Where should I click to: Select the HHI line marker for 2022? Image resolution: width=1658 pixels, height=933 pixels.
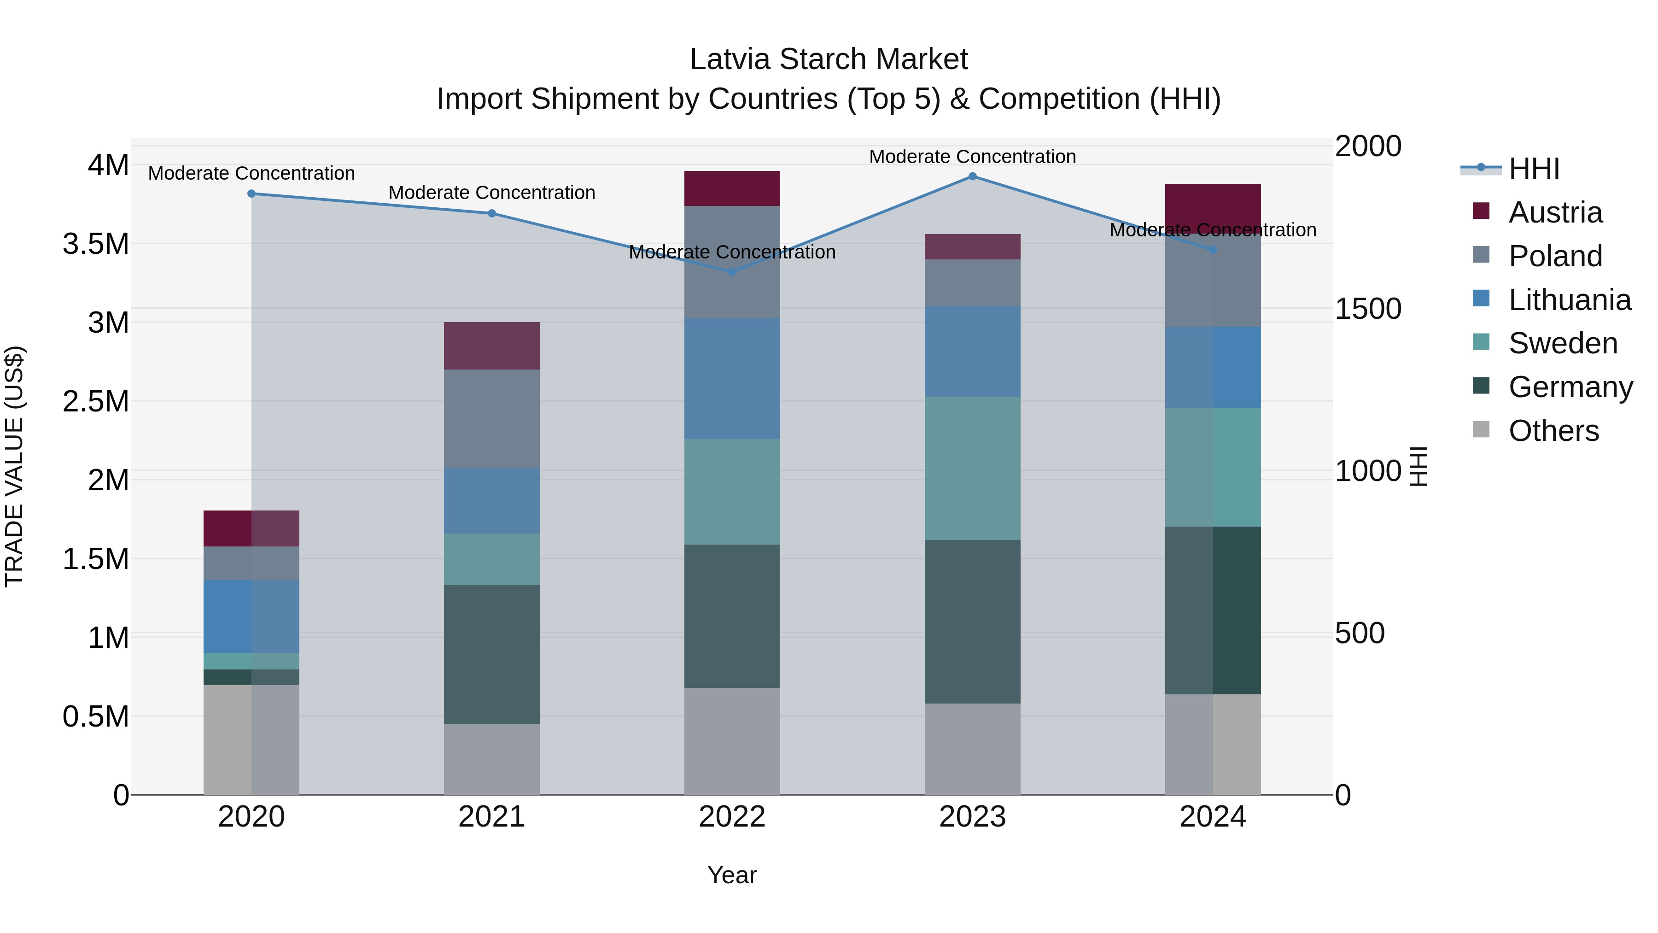(x=732, y=272)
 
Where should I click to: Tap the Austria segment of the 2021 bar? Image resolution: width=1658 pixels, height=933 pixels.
(x=492, y=346)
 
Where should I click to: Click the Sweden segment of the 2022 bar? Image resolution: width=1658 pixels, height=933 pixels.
(x=732, y=492)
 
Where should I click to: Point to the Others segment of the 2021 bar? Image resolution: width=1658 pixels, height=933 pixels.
(x=492, y=759)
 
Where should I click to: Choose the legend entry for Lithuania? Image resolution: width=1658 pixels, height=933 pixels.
(x=1569, y=300)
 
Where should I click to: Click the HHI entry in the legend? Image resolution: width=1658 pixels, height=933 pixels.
(x=1533, y=169)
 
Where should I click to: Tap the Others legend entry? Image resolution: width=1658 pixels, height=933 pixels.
(x=1553, y=431)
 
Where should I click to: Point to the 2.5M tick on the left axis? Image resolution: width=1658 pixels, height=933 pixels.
(x=95, y=402)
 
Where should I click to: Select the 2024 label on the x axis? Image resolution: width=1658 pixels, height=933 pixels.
(x=1213, y=817)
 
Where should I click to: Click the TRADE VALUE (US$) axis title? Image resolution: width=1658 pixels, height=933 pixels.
(x=14, y=466)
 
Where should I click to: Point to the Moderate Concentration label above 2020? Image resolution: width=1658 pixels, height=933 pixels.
(x=251, y=173)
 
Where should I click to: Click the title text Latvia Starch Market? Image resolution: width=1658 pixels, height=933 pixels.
(x=829, y=59)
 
